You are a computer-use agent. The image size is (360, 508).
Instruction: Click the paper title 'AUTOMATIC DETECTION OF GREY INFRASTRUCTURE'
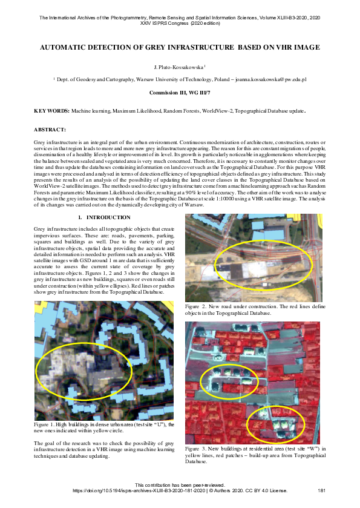pyautogui.click(x=180, y=47)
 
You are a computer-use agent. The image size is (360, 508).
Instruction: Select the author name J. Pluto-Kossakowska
pyautogui.click(x=179, y=67)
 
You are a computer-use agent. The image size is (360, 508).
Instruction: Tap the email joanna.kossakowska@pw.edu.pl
pyautogui.click(x=272, y=79)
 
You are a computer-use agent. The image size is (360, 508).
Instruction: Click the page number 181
pyautogui.click(x=322, y=490)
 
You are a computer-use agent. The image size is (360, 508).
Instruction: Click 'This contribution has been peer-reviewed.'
pyautogui.click(x=180, y=485)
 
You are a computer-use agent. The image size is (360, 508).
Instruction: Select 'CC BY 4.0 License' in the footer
pyautogui.click(x=261, y=490)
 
